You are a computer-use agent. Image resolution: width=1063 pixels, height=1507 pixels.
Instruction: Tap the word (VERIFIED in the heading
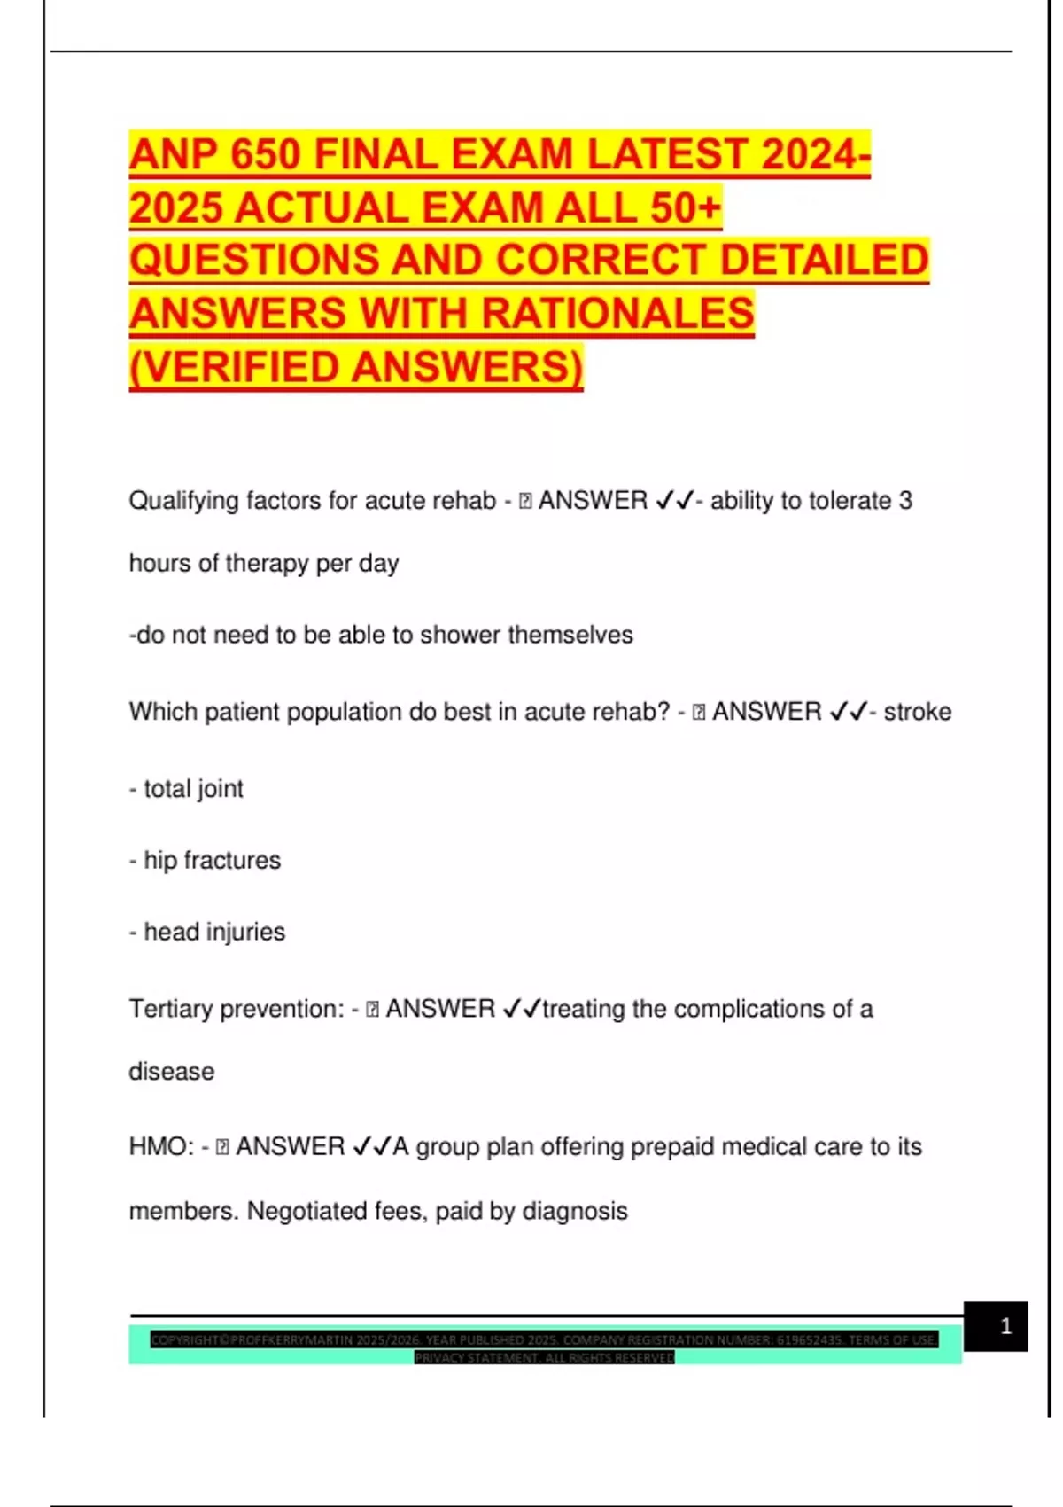pos(237,367)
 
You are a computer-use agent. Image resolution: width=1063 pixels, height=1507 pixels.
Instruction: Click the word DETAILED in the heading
pos(824,260)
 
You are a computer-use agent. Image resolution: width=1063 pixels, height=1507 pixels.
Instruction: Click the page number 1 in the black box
pos(1005,1326)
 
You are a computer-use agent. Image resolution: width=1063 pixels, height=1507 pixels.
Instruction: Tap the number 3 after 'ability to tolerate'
pos(905,501)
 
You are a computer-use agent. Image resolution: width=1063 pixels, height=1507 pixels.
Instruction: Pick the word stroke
pos(917,712)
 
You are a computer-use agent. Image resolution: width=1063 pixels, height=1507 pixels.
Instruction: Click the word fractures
pos(232,860)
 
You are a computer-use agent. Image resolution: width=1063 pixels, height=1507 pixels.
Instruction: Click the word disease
pos(171,1072)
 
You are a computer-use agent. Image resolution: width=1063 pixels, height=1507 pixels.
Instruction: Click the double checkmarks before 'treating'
pos(521,1009)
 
